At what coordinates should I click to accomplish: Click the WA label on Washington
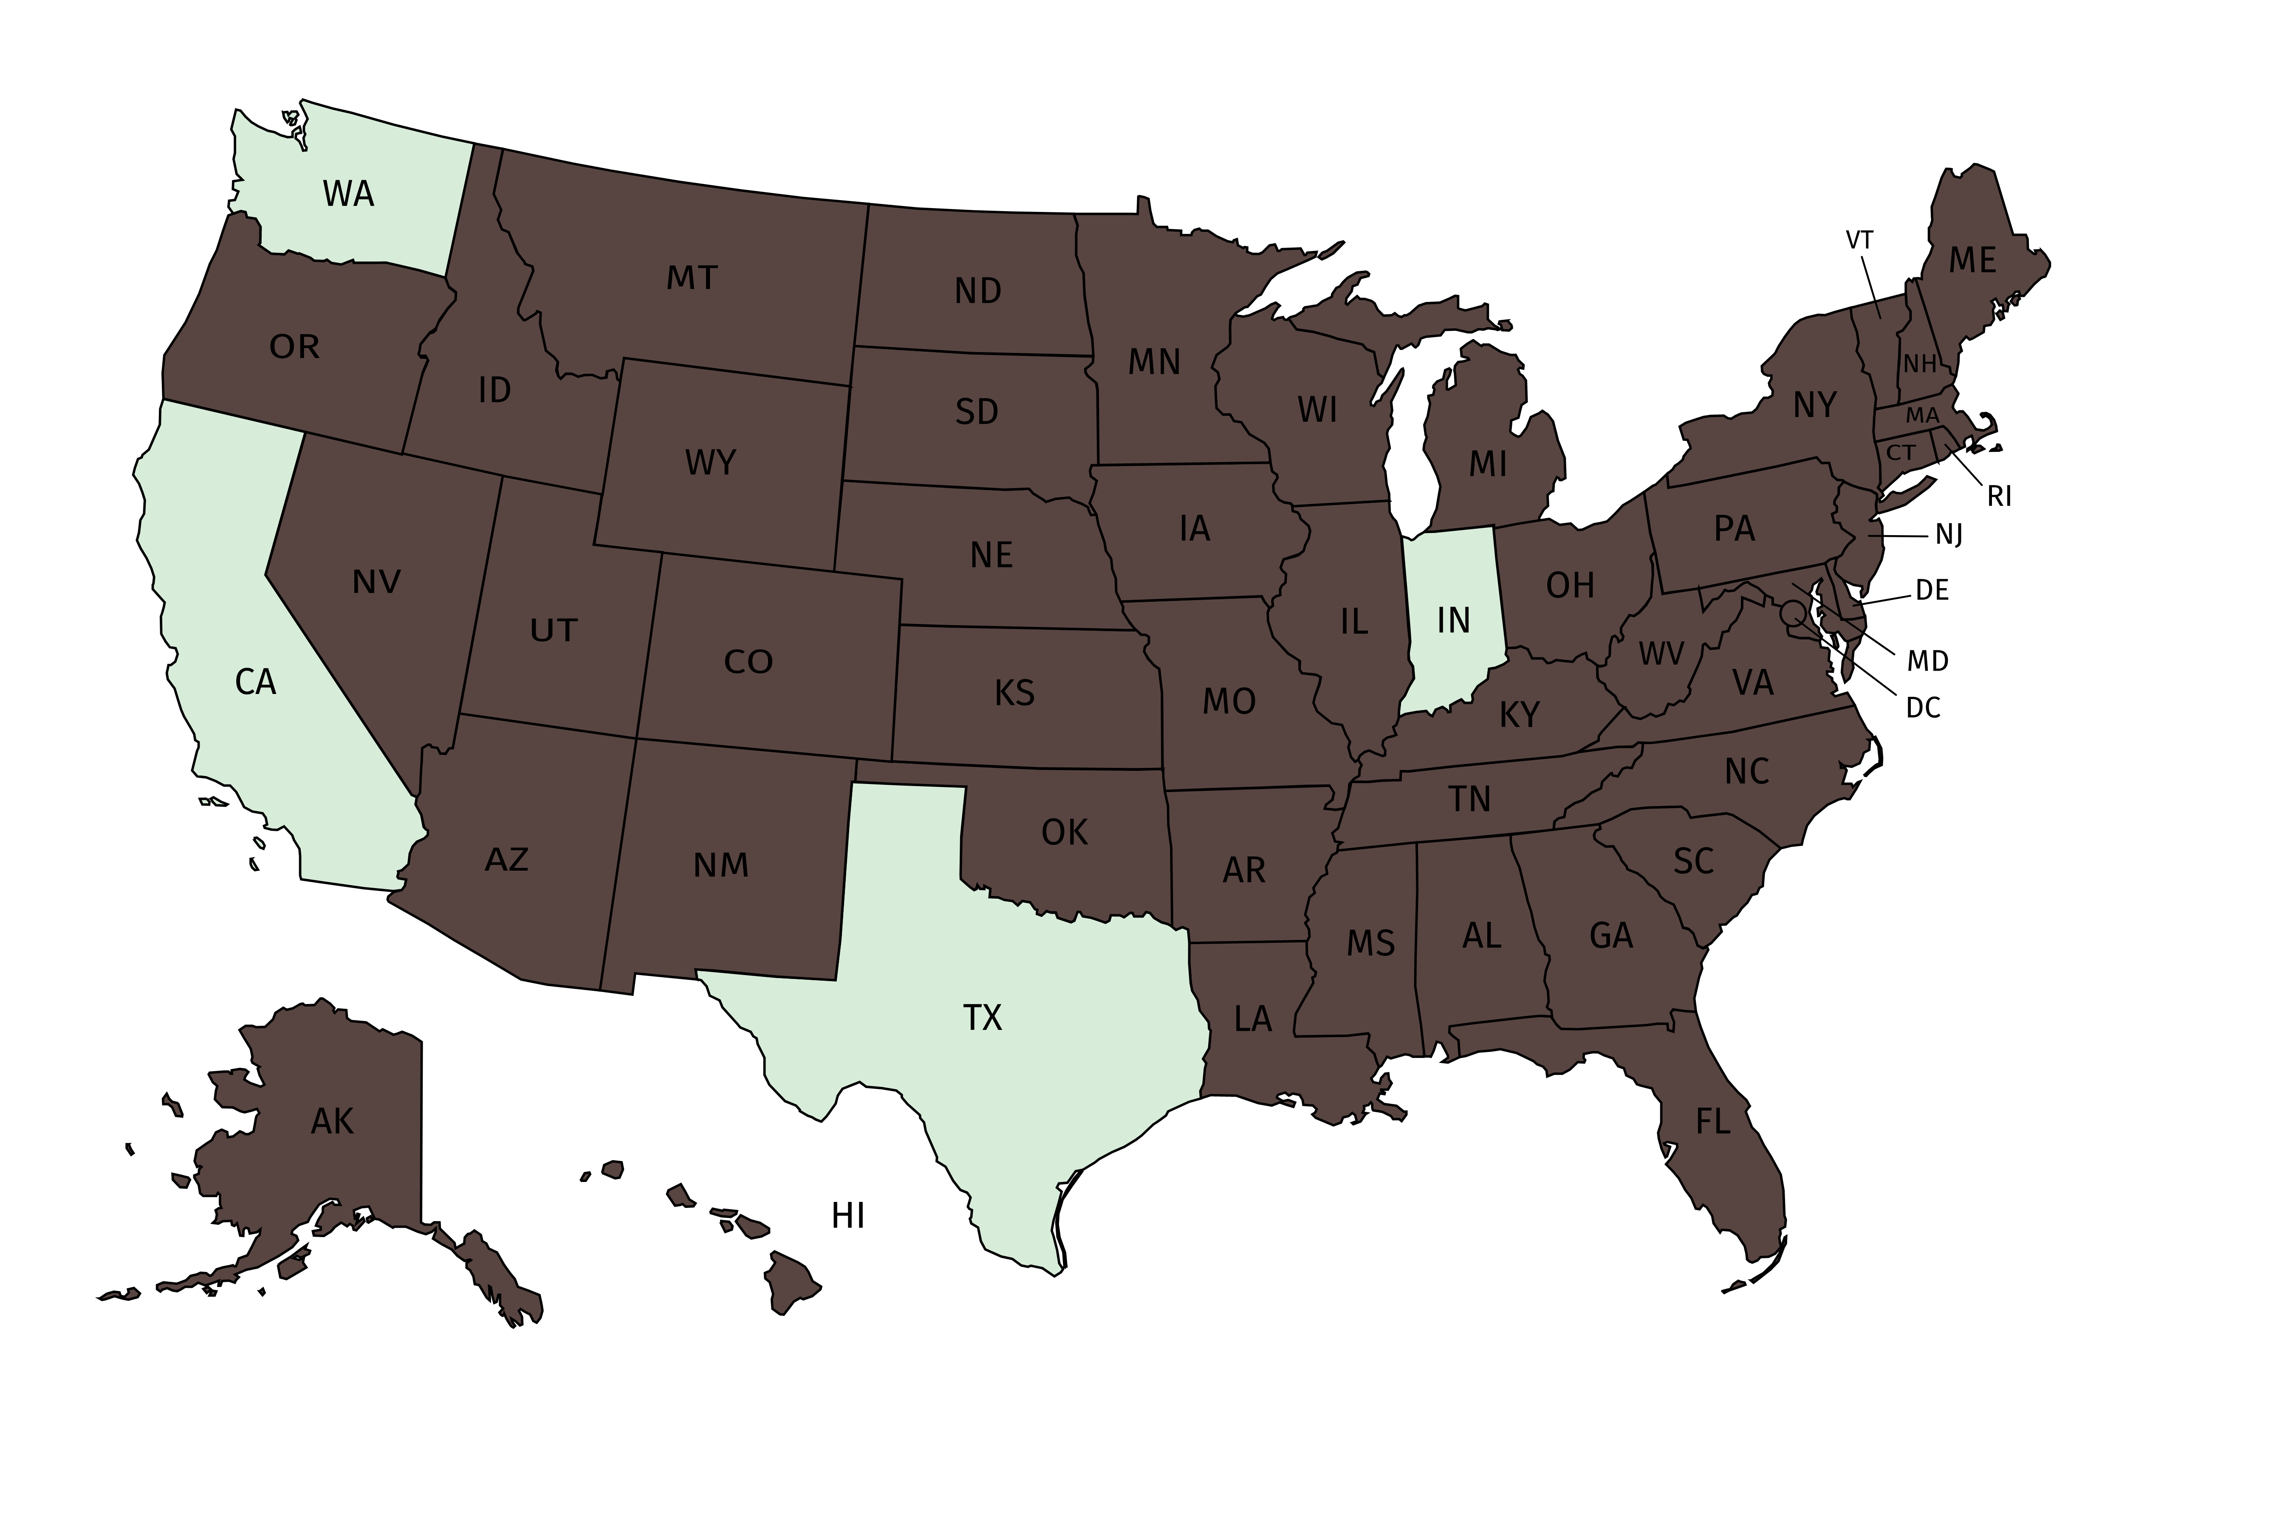348,194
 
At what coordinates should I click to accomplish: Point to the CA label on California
256,683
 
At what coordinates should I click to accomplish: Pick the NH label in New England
1919,364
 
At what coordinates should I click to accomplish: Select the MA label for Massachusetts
1922,416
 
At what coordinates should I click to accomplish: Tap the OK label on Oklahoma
1064,832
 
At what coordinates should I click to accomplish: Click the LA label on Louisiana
1252,1019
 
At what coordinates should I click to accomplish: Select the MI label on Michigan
1488,465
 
